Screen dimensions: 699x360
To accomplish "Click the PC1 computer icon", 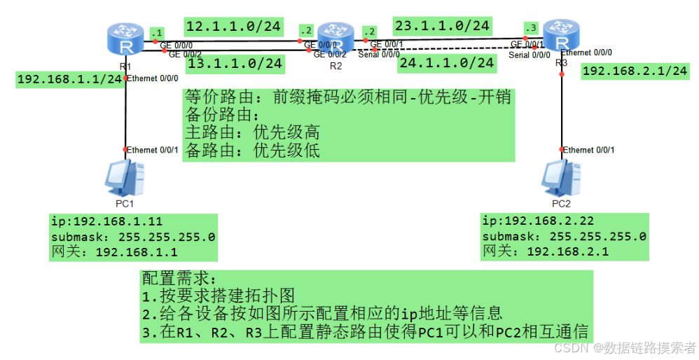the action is pos(125,178).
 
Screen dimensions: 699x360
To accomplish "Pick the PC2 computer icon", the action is pos(562,178).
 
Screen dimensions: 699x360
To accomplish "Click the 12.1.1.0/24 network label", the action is pos(233,27).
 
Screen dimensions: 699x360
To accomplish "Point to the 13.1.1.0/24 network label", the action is pos(235,64).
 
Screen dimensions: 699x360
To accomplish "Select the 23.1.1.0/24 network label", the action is pos(441,26).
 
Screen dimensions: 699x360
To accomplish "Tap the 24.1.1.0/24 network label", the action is pos(446,62).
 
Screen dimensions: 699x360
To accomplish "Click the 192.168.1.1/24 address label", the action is pos(70,79).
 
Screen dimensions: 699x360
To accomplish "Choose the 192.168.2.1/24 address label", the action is pos(635,71).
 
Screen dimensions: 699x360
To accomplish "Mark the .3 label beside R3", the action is pos(532,27).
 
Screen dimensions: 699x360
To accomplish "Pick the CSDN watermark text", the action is pos(624,348).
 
